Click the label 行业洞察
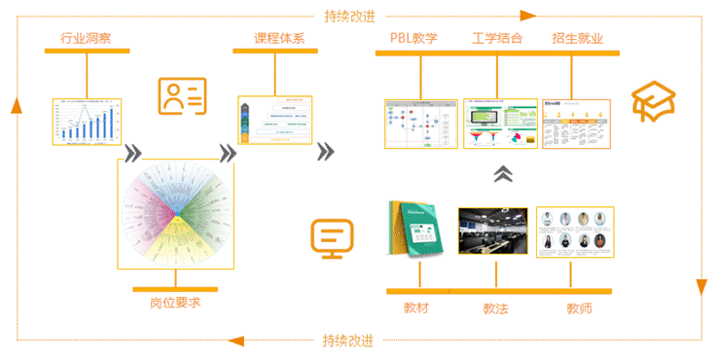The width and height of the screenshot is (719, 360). (x=87, y=39)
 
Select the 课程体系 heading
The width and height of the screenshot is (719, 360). (x=280, y=39)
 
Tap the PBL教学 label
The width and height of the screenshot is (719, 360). (x=413, y=39)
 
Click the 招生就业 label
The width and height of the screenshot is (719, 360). (x=578, y=39)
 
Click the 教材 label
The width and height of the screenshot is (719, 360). (x=416, y=308)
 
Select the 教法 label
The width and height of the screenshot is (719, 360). (x=496, y=308)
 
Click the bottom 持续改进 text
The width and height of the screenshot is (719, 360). (x=347, y=341)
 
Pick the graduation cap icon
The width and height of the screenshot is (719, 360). (x=654, y=100)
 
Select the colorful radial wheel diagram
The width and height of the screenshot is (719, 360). (x=175, y=213)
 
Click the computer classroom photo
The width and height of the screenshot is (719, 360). (x=492, y=231)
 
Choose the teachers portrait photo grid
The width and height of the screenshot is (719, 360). (x=575, y=231)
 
